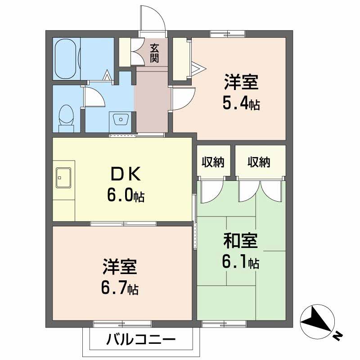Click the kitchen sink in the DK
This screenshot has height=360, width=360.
63,178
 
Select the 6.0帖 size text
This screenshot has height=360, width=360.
126,195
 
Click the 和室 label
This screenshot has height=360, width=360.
241,241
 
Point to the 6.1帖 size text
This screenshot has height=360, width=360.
241,262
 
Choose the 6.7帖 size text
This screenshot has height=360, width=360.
119,286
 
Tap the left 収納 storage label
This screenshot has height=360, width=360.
213,162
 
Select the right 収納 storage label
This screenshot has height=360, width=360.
259,162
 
